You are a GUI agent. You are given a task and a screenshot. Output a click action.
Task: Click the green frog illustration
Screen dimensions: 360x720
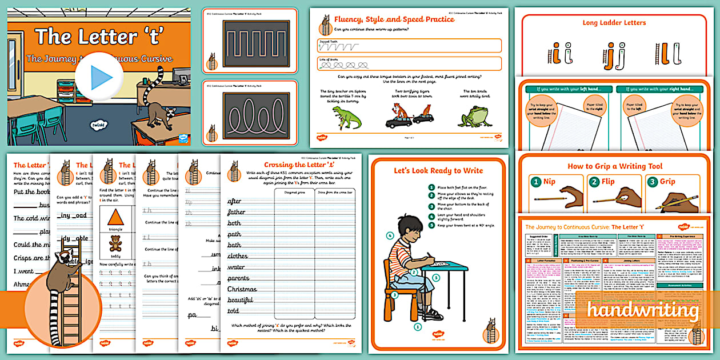click(475, 115)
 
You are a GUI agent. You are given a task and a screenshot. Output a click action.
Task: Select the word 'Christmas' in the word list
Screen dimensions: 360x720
click(242, 289)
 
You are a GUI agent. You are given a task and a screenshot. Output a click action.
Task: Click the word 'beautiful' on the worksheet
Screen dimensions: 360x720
click(240, 300)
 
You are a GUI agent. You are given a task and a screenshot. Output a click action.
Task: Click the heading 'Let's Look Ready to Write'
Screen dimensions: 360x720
click(438, 170)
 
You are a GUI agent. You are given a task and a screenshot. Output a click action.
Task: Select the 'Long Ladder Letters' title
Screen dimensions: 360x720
click(614, 23)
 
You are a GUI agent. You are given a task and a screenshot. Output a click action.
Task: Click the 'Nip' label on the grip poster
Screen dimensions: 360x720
click(549, 182)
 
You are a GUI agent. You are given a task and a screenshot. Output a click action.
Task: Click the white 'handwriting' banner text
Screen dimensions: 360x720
click(643, 311)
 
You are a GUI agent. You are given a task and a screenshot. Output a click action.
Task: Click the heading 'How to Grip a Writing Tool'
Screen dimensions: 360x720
click(615, 166)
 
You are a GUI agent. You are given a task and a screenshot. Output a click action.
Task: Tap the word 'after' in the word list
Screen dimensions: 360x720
click(235, 201)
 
